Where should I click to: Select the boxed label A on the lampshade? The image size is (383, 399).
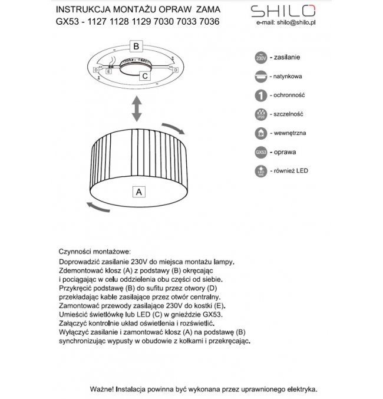(138, 192)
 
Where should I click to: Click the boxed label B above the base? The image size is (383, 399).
(136, 45)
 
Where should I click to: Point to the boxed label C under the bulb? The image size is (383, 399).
(144, 75)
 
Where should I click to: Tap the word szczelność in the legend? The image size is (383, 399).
(288, 114)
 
